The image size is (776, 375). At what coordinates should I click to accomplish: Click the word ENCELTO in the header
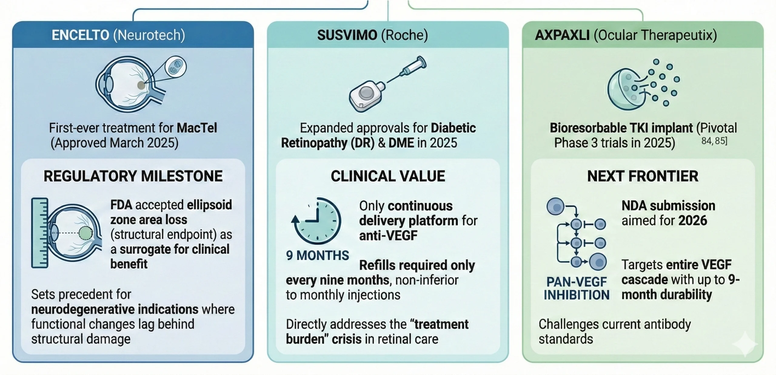click(80, 35)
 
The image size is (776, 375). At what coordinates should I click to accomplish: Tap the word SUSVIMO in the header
click(347, 35)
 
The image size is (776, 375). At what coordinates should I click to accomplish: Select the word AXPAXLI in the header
click(562, 35)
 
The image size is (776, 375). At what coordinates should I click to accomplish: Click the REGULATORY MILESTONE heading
click(133, 176)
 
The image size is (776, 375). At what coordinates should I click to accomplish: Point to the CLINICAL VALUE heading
click(388, 176)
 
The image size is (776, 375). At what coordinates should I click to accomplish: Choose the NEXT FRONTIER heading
click(643, 176)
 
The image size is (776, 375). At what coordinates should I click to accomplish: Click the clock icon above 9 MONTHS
click(317, 221)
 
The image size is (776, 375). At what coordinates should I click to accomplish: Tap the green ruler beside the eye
click(40, 233)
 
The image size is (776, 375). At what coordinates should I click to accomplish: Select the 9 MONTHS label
click(317, 256)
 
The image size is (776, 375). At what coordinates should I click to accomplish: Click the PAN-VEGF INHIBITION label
click(576, 288)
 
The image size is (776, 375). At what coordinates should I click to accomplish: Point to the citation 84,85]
click(714, 141)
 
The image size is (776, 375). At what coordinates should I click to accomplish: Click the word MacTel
click(197, 128)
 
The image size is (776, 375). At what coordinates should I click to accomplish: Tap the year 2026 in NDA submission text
click(693, 221)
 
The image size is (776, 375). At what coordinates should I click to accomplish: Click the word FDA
click(121, 205)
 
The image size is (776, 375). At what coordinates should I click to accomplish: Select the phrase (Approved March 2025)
click(115, 143)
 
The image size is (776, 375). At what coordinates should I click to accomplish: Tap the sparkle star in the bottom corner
click(744, 344)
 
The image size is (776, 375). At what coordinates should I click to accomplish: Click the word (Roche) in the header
click(404, 35)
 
